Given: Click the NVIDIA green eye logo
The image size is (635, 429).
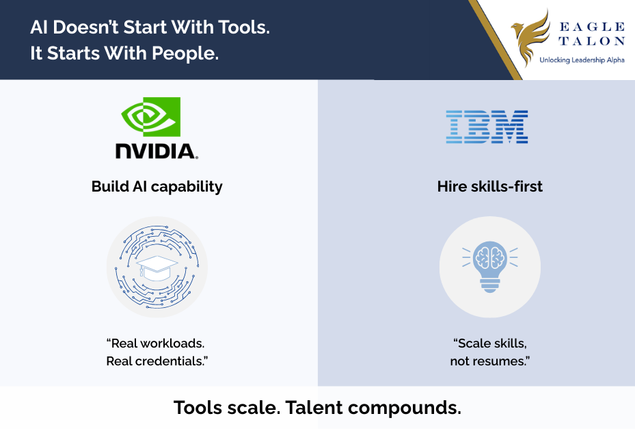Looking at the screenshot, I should click(151, 116).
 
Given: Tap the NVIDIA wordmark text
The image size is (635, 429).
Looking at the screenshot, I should click(157, 151).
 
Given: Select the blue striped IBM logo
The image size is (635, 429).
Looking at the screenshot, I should click(487, 127).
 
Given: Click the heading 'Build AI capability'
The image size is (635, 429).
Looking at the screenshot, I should click(157, 187).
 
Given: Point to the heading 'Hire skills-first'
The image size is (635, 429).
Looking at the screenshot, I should click(489, 187).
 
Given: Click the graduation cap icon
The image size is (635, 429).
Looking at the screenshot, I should click(157, 267).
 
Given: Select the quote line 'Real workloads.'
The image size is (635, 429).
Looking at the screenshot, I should click(157, 343).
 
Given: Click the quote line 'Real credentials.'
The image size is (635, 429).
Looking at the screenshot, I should click(157, 361).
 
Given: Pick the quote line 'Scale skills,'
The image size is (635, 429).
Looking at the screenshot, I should click(489, 343).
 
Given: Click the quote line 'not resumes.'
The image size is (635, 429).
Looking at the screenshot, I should click(489, 361).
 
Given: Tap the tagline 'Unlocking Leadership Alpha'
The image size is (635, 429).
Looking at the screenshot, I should click(582, 60).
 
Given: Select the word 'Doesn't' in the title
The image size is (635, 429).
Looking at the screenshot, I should click(83, 28).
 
